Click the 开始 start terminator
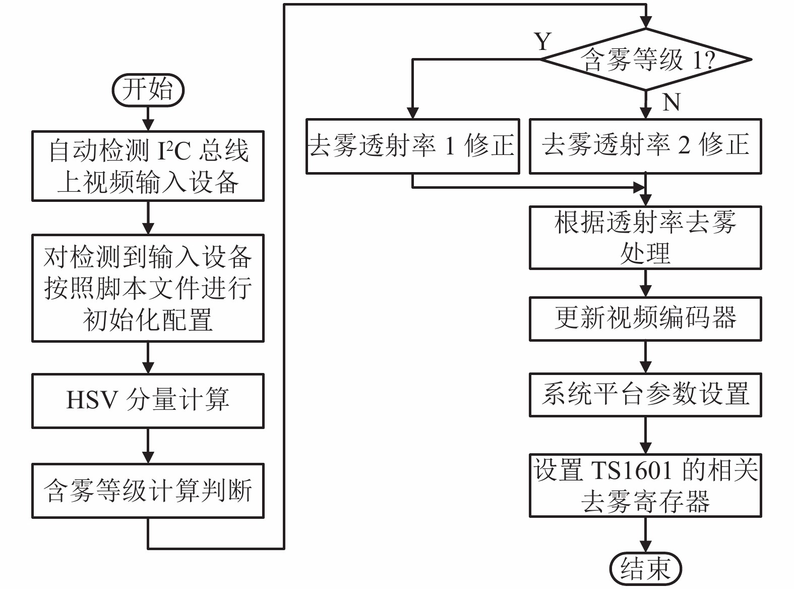point(148,90)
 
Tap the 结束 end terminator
point(645,568)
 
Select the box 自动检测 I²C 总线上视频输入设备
point(148,166)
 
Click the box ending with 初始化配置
point(148,288)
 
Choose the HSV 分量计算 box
point(148,401)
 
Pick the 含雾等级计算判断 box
point(148,491)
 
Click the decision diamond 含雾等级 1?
point(646,60)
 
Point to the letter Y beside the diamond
point(542,41)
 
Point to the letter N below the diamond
point(671,102)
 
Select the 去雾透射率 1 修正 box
point(412,146)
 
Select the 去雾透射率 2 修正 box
point(645,146)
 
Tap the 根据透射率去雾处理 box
point(645,237)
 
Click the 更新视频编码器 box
point(645,318)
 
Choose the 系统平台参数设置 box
point(645,395)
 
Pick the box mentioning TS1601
point(645,486)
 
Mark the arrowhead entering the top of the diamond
point(646,22)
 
